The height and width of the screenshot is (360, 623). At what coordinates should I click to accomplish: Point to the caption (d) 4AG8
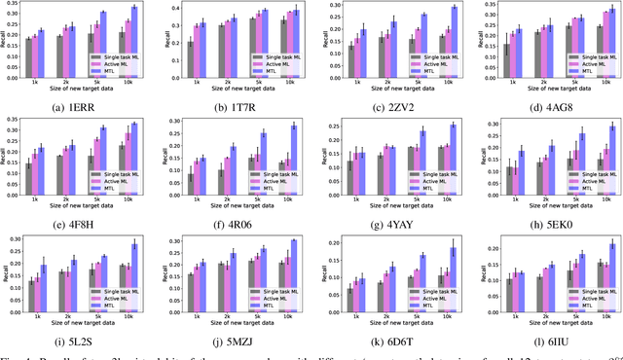550,104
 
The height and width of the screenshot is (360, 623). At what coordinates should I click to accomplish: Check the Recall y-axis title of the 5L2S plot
6,277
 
